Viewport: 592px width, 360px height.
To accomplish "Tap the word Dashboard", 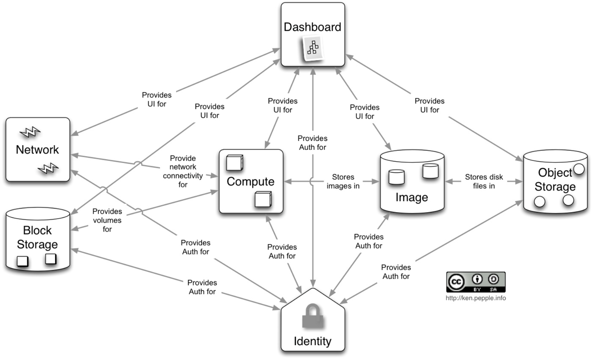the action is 312,27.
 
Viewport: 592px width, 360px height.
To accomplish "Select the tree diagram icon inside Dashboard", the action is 313,48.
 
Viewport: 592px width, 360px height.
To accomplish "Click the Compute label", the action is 250,182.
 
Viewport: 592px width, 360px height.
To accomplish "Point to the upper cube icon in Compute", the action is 235,163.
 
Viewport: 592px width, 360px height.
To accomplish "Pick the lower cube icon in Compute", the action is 263,199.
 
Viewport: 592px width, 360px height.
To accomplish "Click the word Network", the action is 37,150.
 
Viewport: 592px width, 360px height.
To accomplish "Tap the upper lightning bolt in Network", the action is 30,132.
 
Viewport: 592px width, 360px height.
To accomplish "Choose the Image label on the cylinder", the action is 412,198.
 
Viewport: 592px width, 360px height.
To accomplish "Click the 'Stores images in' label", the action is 343,181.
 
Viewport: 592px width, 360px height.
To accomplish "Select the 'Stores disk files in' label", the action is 484,181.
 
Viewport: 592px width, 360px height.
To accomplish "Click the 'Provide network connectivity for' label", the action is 183,171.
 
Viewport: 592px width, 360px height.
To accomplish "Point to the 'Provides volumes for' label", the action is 107,220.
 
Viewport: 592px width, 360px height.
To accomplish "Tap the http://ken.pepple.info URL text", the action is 476,298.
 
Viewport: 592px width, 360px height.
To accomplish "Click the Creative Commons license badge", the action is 476,282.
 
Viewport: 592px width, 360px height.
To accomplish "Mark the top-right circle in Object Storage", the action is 579,169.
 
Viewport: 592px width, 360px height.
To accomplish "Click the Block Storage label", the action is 37,237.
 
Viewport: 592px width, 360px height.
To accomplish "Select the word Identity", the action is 313,341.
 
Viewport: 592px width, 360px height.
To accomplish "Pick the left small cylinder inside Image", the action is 396,177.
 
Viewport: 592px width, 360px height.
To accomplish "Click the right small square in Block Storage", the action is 51,259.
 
